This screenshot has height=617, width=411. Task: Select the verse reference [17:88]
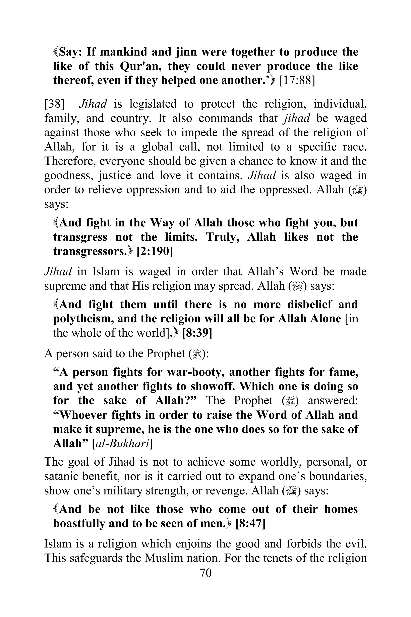[x=297, y=80]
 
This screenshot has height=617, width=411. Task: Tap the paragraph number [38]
[x=55, y=104]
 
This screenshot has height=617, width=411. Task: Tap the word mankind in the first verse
[x=123, y=52]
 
